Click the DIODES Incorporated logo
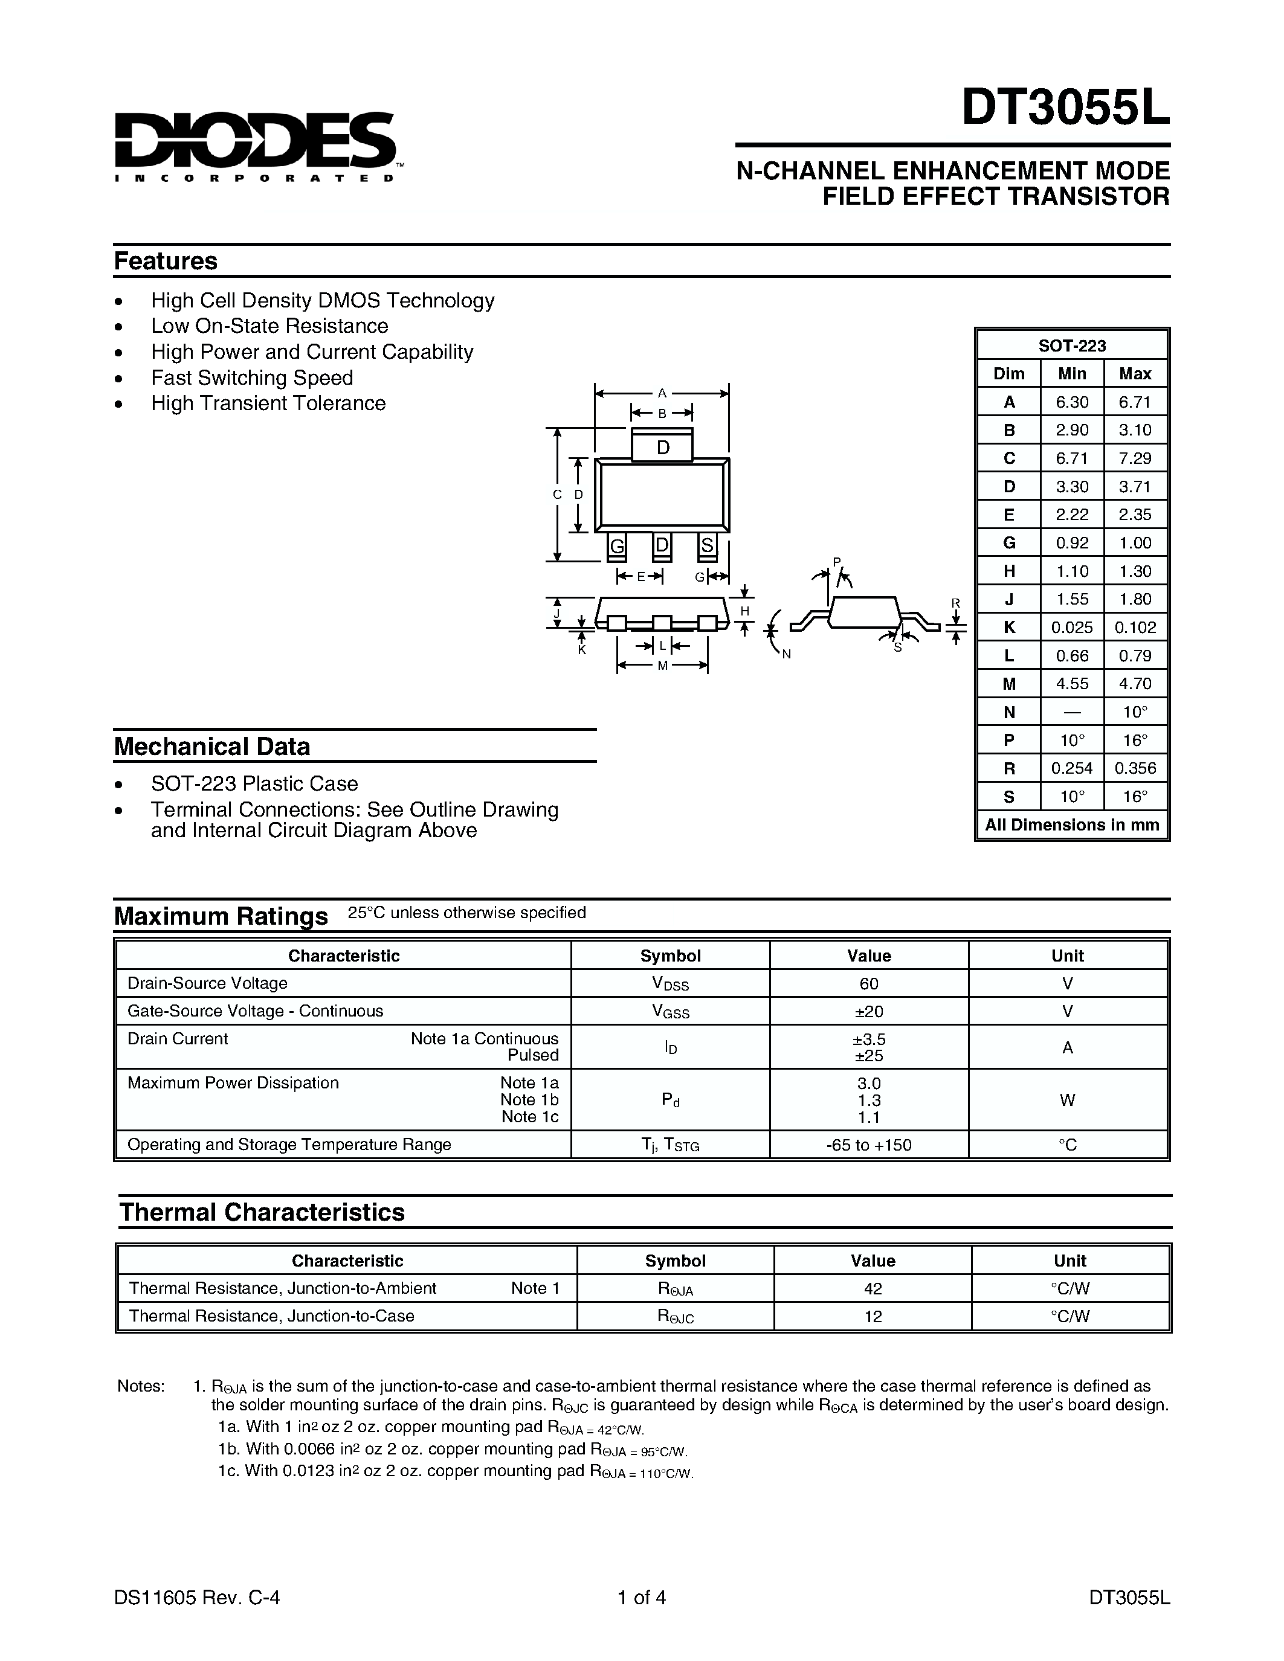tap(255, 146)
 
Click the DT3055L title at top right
tap(1065, 109)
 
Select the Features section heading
tap(166, 261)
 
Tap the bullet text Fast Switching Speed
tap(252, 377)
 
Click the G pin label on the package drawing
tap(617, 546)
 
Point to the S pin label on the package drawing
tap(708, 545)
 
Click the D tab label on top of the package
tap(662, 448)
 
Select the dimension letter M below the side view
tap(662, 666)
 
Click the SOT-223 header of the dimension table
tap(1072, 345)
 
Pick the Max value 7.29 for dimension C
tap(1135, 458)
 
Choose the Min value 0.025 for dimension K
tap(1072, 628)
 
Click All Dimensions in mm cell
tap(1072, 825)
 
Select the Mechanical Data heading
tap(212, 746)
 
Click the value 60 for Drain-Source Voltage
tap(869, 983)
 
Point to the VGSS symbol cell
tap(670, 1012)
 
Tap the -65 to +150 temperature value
tap(869, 1145)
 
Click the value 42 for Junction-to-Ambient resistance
tap(873, 1288)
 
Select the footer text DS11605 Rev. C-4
tap(197, 1597)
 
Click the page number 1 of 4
tap(642, 1597)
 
